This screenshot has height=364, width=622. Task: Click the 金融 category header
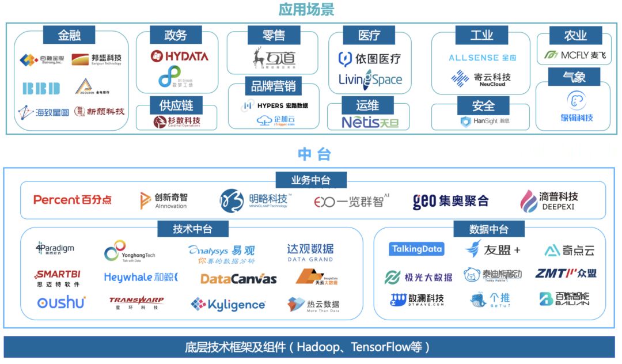click(x=70, y=35)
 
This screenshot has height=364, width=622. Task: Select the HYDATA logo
click(x=179, y=56)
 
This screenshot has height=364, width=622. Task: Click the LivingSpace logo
click(x=370, y=79)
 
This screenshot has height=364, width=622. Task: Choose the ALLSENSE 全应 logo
click(x=483, y=58)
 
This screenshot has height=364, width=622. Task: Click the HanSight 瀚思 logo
click(x=484, y=122)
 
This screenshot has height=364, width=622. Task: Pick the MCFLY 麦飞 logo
click(x=574, y=55)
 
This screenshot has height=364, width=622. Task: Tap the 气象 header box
click(x=574, y=77)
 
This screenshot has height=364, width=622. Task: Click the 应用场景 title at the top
click(x=306, y=10)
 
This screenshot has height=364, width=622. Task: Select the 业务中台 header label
click(x=311, y=180)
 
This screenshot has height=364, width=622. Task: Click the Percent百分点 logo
click(x=73, y=200)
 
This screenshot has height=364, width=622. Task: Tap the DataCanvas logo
click(x=238, y=279)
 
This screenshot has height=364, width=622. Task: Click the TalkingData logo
click(x=416, y=249)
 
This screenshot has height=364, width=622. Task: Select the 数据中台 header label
click(x=488, y=229)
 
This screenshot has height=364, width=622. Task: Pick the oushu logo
click(x=61, y=302)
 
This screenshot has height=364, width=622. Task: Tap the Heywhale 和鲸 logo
click(x=141, y=278)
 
